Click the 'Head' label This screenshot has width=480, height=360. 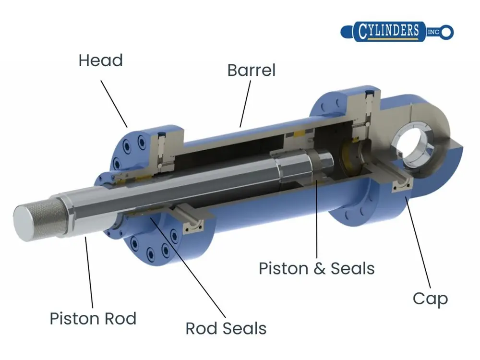(101, 61)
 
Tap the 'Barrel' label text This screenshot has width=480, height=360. (252, 71)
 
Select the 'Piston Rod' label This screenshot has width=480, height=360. (93, 318)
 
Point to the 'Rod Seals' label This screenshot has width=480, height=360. (226, 329)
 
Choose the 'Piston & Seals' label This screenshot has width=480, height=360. (317, 268)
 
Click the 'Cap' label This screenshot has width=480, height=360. (430, 299)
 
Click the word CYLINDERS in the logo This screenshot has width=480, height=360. (388, 31)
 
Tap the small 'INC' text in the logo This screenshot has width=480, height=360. (433, 32)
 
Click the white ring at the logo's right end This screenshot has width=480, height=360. (447, 32)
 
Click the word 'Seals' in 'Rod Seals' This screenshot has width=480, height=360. (243, 329)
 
